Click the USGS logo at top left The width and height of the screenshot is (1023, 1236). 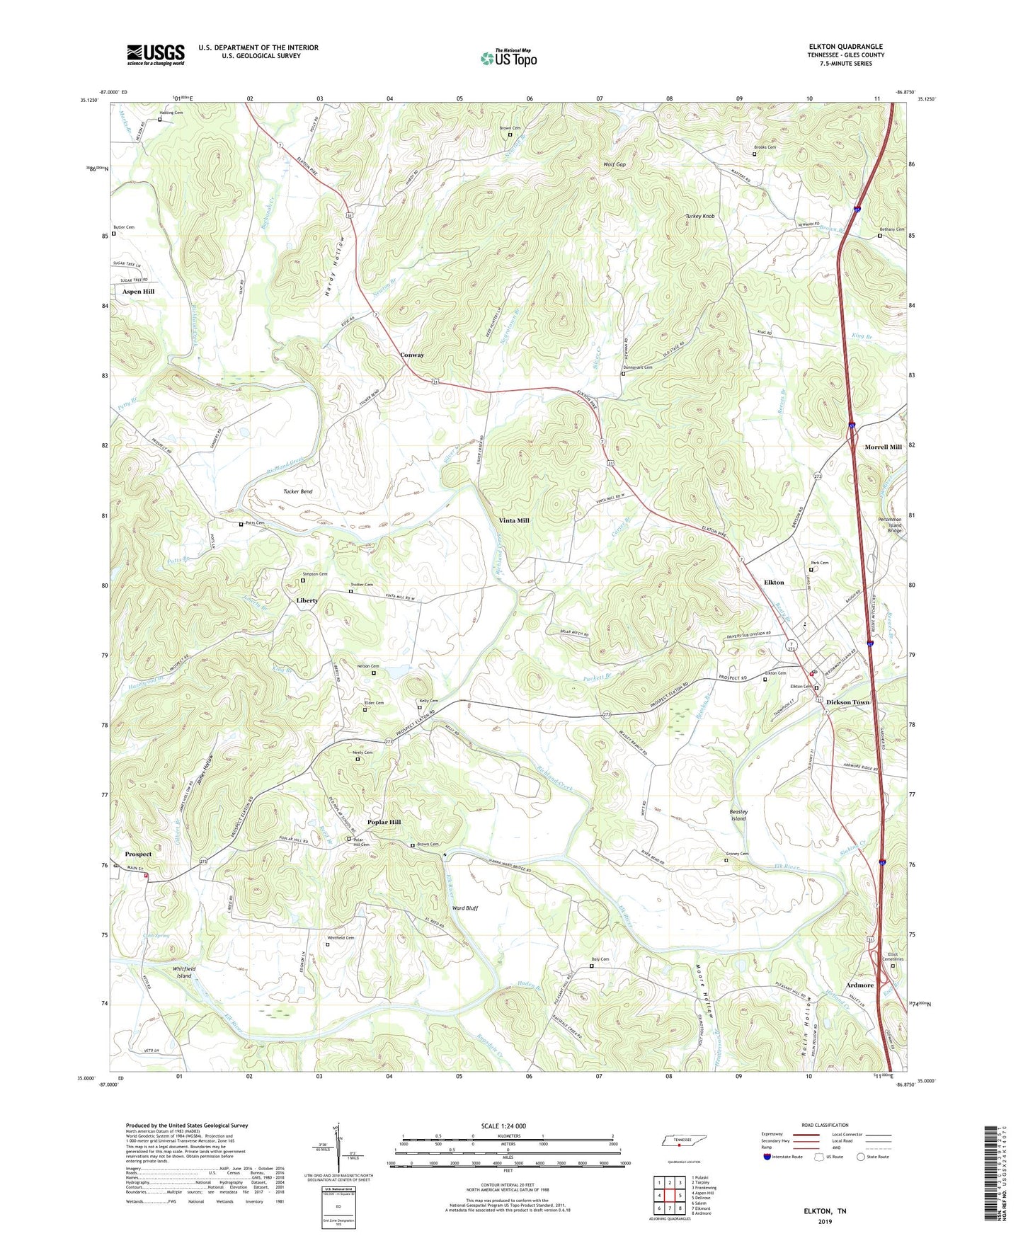tap(156, 54)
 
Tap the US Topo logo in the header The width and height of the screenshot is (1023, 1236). tap(508, 58)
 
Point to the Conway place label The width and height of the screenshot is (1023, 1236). tap(412, 355)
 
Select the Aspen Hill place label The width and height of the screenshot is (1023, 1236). tap(138, 291)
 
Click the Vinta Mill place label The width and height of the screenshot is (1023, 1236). tap(514, 520)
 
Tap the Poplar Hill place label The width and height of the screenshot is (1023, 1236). tap(384, 822)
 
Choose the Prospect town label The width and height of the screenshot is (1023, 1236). tap(139, 854)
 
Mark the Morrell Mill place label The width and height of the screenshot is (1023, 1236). tap(883, 447)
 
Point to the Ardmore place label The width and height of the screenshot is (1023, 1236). tap(859, 985)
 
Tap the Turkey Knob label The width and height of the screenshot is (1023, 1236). tap(699, 216)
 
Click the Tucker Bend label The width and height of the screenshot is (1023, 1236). tap(297, 491)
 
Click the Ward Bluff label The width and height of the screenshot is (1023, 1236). tap(465, 908)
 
